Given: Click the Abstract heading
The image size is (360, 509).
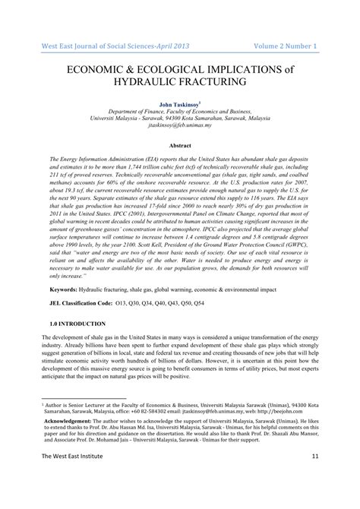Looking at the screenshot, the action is [180, 145].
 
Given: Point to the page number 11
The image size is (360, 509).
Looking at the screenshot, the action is [315, 498].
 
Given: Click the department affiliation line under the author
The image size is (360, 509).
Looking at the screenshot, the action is [180, 110].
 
